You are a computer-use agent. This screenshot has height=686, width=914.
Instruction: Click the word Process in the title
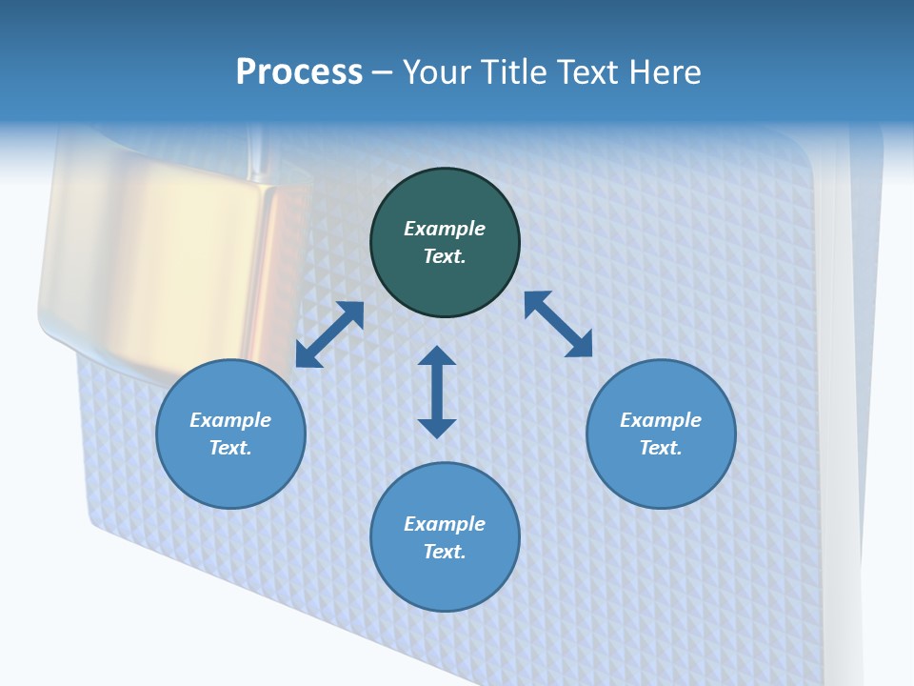pos(299,72)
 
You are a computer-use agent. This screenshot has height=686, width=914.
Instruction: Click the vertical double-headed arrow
pos(437,392)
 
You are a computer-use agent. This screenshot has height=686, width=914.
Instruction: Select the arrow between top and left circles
pos(329,334)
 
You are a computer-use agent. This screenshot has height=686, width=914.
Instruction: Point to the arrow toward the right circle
pos(558,324)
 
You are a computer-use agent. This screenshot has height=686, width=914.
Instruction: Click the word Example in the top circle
pos(445,229)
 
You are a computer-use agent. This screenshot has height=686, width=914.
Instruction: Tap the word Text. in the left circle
pos(230,448)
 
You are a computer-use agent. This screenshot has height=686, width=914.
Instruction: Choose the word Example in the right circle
pos(661,420)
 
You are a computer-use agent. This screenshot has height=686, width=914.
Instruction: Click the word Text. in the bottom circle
pos(445,552)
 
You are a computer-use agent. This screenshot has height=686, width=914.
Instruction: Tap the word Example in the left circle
pos(230,420)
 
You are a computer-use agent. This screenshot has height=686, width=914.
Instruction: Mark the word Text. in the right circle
pos(661,448)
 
